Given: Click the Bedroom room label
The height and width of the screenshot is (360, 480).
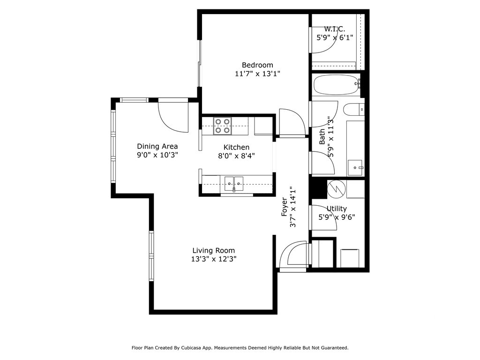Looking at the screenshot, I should tap(257, 65).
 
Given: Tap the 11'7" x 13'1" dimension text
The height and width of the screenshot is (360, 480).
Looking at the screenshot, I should tap(257, 74).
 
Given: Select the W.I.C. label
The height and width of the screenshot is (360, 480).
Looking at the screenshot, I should tap(334, 29).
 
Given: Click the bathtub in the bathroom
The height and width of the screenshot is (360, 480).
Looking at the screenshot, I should tap(335, 85).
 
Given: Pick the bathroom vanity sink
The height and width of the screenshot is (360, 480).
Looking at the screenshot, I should tap(355, 166).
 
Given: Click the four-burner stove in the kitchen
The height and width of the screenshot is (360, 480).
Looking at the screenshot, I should tap(223, 126).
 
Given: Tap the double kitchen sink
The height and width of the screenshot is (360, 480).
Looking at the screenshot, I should tap(233, 182).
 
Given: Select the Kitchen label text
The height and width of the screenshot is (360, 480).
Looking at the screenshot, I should tap(236, 147).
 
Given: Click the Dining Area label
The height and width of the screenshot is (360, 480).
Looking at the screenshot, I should tap(157, 146).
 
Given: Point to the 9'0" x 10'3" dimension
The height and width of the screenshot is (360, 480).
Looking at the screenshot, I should tap(157, 155).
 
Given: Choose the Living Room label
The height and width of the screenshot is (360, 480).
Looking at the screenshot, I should tap(213, 250).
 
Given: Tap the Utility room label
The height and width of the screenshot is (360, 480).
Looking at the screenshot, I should tap(337, 209).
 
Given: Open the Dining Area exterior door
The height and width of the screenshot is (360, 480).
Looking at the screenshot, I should tap(171, 115).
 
